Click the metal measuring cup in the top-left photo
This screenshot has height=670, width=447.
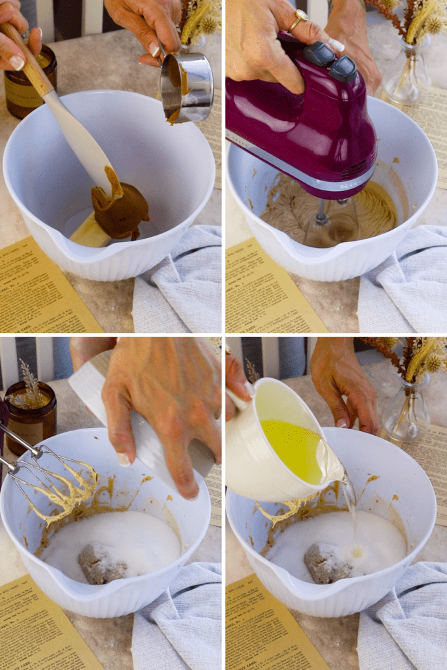click(x=188, y=87)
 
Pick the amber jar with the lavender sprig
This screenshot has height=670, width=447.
click(x=30, y=415)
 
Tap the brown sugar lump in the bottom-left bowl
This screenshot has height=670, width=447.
click(x=102, y=563)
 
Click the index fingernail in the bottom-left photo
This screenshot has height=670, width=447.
click(x=124, y=459)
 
